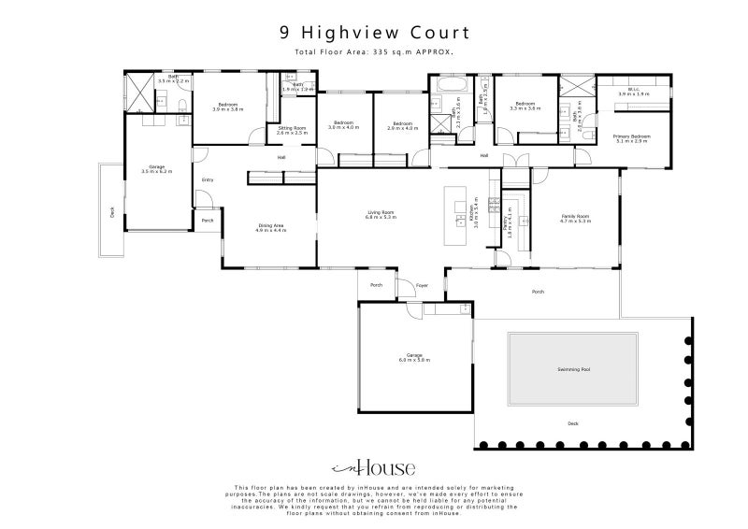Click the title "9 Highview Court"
point(374,33)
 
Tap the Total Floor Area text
point(374,52)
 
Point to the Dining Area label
point(271,227)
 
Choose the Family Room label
point(574,218)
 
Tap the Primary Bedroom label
point(630,138)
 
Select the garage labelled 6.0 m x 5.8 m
point(414,357)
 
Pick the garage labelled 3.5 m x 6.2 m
point(157,169)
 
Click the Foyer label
point(422,285)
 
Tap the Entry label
point(208,179)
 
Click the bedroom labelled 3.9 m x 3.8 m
point(229,107)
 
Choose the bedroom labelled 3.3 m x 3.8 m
point(525,106)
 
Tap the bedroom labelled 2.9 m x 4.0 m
point(402,125)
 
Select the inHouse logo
point(374,468)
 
